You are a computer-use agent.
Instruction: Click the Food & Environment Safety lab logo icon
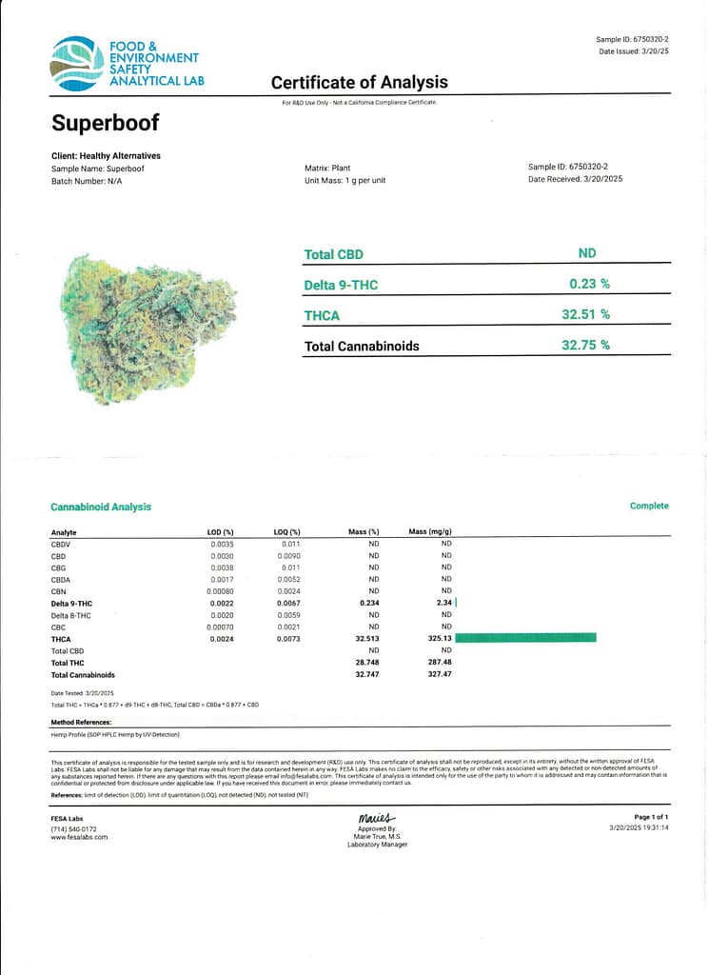(77, 64)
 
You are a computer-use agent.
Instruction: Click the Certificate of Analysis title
(359, 83)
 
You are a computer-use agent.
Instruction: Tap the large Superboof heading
(106, 124)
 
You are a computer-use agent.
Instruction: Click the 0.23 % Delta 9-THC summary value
(589, 284)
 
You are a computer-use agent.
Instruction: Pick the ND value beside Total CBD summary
(587, 253)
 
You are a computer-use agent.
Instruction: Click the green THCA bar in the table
(526, 638)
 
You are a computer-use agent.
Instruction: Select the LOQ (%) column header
(287, 532)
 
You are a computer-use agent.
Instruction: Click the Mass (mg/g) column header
(430, 532)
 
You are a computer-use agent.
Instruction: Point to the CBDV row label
(62, 544)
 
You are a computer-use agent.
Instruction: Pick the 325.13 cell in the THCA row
(440, 639)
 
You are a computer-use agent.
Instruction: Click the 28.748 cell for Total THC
(367, 663)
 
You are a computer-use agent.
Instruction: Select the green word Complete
(649, 507)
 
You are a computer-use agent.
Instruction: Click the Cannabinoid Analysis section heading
(101, 507)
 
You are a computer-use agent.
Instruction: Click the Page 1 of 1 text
(651, 817)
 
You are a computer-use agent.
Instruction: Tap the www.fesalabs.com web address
(79, 837)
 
